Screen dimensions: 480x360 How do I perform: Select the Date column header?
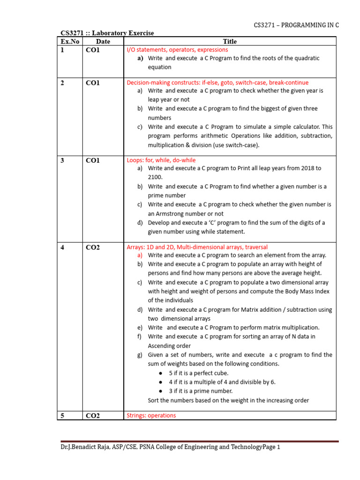103,42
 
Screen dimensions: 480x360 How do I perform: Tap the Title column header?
230,42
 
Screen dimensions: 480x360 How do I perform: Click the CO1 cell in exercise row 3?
93,160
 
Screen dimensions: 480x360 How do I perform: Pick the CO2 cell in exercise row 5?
93,415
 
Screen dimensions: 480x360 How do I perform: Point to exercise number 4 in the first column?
63,247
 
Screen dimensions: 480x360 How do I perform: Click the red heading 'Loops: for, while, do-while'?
161,160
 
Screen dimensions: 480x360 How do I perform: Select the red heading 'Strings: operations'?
151,415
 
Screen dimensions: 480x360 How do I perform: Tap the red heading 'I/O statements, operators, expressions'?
177,50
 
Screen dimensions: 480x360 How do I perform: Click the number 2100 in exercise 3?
155,177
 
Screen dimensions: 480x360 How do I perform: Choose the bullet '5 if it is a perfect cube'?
199,373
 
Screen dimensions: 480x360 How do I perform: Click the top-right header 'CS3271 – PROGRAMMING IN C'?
296,25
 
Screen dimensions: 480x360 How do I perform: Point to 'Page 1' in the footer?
271,447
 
